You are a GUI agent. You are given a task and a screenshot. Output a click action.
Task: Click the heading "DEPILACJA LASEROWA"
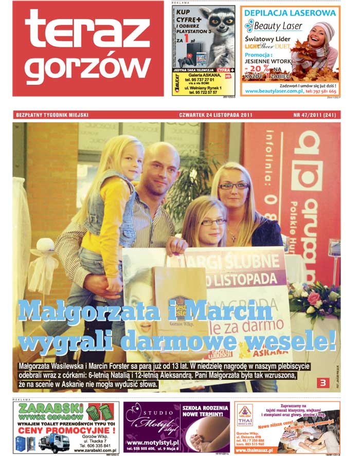point(290,12)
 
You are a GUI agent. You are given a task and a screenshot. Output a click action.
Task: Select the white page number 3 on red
point(323,382)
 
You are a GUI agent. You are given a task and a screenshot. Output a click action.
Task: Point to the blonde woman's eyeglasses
point(234,186)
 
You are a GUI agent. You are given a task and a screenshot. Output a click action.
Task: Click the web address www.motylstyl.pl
point(152,442)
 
